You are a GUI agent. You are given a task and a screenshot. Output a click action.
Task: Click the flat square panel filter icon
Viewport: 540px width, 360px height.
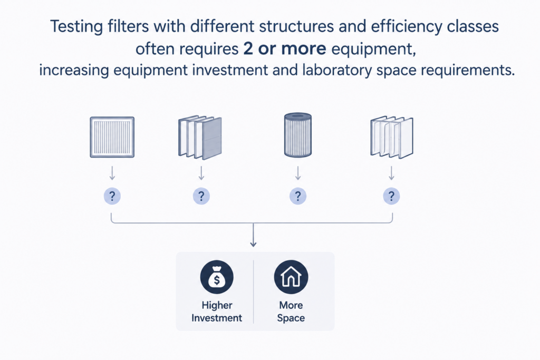click(x=112, y=137)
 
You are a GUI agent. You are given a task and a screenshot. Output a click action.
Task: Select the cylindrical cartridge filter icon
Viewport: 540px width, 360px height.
click(x=298, y=135)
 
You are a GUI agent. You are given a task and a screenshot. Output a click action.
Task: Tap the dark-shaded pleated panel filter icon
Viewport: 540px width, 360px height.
click(x=200, y=138)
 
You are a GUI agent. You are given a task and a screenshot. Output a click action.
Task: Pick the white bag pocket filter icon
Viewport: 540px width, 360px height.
click(x=392, y=138)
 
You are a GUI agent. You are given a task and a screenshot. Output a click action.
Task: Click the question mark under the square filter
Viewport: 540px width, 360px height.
click(x=112, y=196)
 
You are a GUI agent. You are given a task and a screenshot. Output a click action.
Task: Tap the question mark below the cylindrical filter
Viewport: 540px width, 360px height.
click(x=298, y=196)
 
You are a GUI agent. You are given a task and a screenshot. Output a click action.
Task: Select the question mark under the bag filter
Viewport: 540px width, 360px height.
click(x=392, y=196)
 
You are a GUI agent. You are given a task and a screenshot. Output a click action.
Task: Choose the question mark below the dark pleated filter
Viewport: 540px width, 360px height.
click(x=201, y=196)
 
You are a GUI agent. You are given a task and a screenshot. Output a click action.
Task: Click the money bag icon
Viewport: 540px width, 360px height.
click(x=217, y=277)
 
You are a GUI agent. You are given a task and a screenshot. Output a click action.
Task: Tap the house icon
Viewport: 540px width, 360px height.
click(x=291, y=277)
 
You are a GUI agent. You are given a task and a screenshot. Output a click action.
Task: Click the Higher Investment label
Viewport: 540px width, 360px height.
click(x=217, y=312)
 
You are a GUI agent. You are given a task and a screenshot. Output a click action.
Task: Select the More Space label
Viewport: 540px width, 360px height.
click(x=291, y=312)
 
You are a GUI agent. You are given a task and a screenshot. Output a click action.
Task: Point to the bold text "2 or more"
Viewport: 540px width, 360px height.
click(x=284, y=48)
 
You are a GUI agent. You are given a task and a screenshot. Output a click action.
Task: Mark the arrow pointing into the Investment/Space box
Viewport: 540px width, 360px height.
click(x=254, y=235)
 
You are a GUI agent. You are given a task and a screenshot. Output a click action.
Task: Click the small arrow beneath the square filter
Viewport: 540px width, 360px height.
click(x=112, y=173)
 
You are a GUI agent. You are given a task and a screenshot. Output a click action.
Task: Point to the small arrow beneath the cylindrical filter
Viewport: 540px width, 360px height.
click(x=298, y=173)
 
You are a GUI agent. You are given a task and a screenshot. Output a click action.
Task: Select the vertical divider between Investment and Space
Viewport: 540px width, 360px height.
click(x=254, y=291)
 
